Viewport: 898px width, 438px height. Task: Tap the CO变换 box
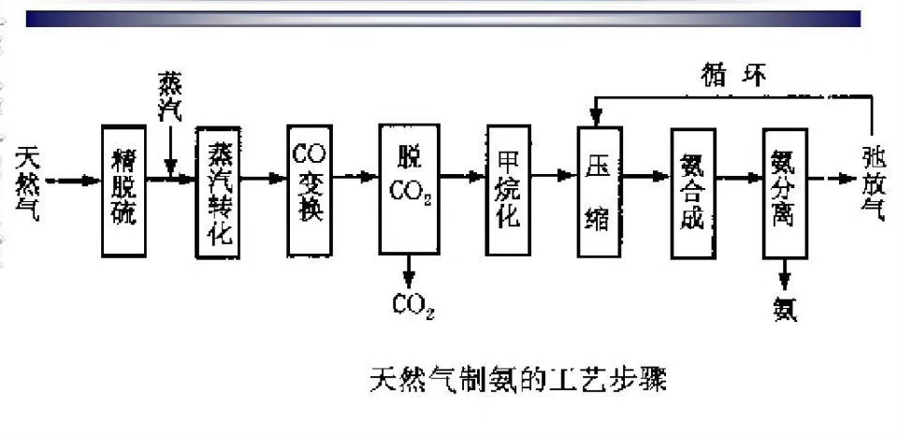[310, 191]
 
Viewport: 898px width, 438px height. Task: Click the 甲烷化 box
[509, 191]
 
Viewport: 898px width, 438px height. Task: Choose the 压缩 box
[599, 191]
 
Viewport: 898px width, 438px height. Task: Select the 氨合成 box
[693, 191]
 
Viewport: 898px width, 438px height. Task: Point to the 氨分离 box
[785, 191]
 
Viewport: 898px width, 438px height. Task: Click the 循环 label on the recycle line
[733, 74]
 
